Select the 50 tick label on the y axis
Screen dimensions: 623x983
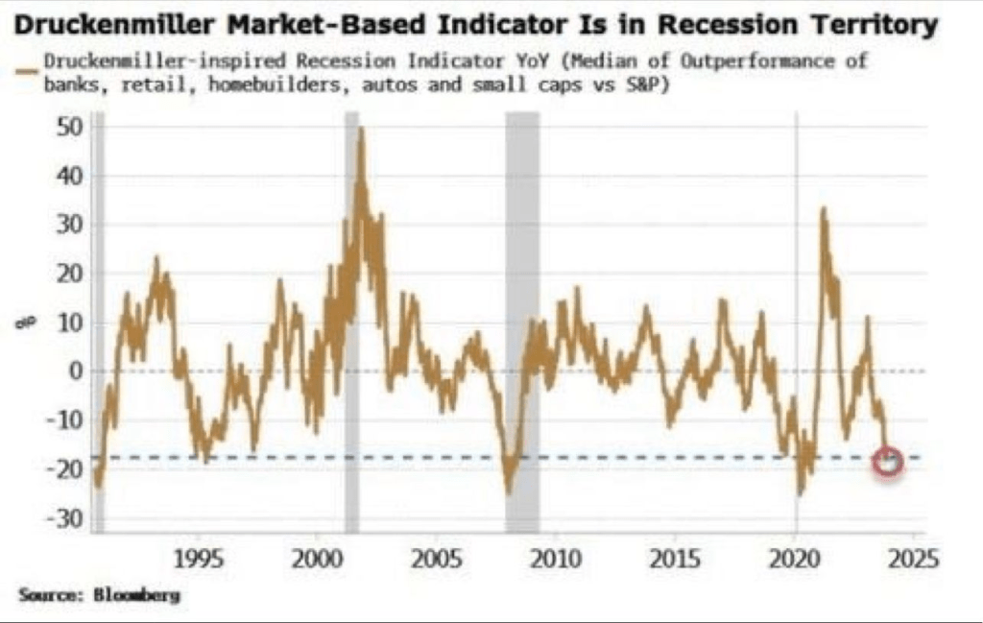tap(70, 127)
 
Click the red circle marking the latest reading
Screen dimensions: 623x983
tap(888, 462)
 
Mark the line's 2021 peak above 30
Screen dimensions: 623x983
tap(823, 209)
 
